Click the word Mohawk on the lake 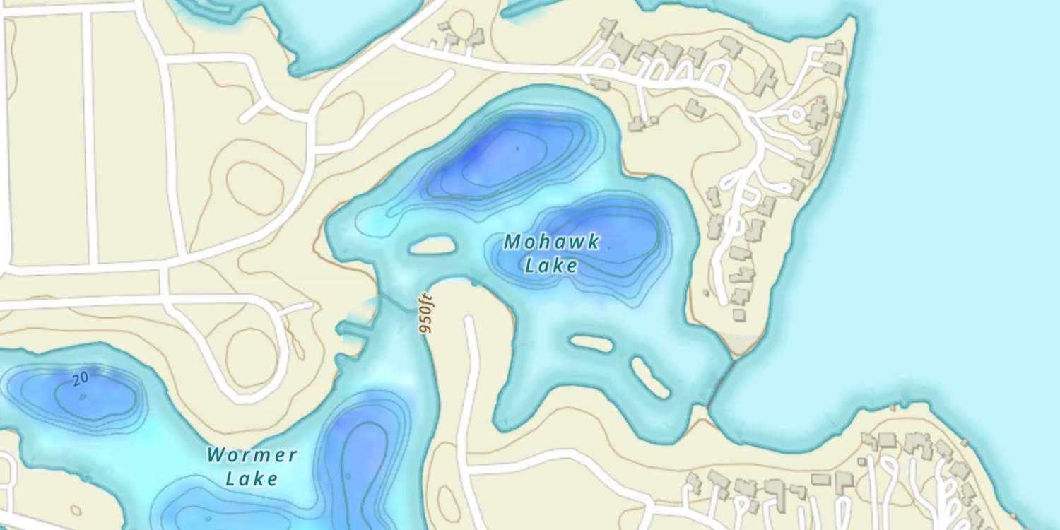pos(552,242)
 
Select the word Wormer pos(252,454)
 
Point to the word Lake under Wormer pos(252,478)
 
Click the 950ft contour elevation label pos(425,313)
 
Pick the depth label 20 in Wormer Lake pos(81,379)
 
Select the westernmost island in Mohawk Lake pos(430,246)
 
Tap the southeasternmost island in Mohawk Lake pos(649,377)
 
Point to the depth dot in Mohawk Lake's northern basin pos(517,148)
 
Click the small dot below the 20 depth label pos(83,396)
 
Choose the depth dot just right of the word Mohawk pos(608,248)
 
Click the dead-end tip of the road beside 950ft pos(467,322)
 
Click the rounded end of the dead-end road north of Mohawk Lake pos(447,74)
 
